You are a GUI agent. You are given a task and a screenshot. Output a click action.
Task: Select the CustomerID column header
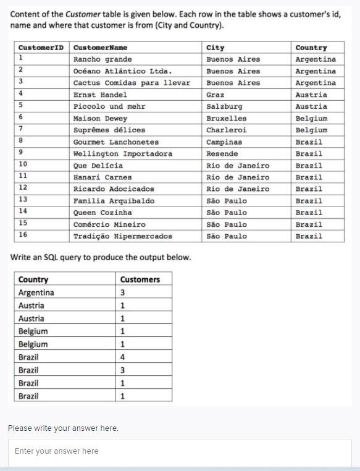click(x=41, y=48)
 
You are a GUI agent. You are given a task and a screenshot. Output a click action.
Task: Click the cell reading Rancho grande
click(x=103, y=59)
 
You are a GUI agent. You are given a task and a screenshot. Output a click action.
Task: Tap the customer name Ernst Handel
click(x=100, y=95)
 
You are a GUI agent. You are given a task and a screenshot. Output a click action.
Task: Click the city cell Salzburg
click(x=224, y=106)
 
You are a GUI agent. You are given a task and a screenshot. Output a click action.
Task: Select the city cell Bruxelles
click(x=226, y=118)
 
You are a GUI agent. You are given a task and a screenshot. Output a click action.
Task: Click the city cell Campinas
click(x=224, y=142)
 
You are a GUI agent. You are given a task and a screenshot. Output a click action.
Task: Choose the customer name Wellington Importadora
click(x=123, y=153)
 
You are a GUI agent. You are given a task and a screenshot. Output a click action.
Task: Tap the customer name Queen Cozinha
click(x=103, y=213)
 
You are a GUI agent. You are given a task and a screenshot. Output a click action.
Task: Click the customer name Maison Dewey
click(x=100, y=118)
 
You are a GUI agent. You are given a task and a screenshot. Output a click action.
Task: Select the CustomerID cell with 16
click(x=23, y=235)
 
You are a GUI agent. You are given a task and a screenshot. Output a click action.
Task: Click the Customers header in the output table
click(x=140, y=279)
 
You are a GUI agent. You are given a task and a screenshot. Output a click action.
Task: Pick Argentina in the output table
click(x=36, y=292)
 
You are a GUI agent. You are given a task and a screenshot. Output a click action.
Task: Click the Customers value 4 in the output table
click(x=123, y=357)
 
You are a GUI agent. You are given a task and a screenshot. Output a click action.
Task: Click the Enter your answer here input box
click(x=180, y=451)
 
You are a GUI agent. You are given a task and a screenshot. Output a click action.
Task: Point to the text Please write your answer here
click(x=63, y=428)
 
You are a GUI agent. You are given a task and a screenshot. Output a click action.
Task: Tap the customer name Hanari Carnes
click(x=103, y=177)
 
